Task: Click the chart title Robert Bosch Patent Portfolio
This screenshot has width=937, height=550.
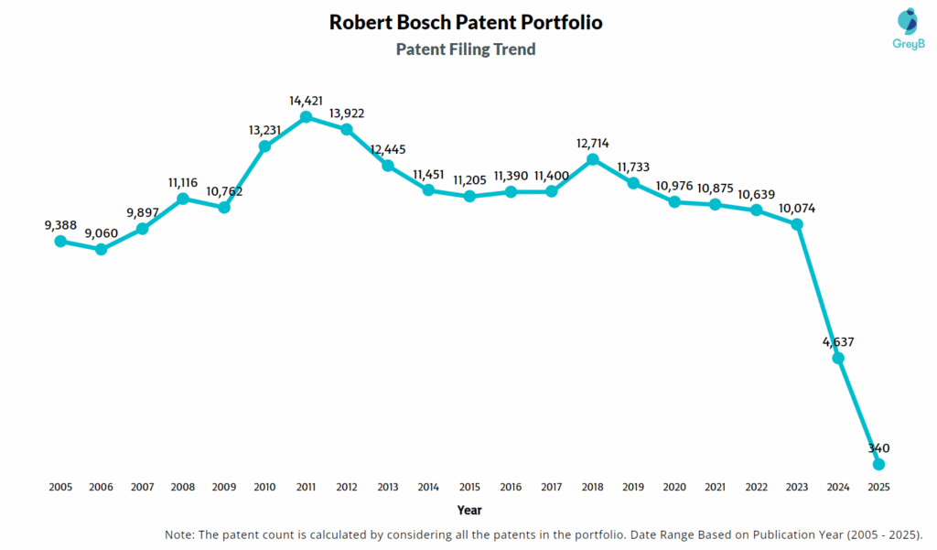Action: click(466, 22)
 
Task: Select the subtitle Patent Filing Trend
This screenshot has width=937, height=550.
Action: click(466, 49)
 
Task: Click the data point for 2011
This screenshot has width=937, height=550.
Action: click(306, 117)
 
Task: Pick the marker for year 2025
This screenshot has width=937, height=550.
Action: click(879, 465)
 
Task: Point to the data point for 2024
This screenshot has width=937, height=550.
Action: click(838, 358)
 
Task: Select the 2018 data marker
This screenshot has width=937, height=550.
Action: click(592, 159)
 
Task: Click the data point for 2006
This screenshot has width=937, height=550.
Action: click(101, 249)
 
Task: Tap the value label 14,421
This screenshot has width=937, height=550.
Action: click(306, 100)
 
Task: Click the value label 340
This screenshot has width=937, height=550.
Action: click(879, 448)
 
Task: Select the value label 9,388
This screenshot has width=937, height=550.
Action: click(60, 224)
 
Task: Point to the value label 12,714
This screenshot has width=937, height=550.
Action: click(592, 143)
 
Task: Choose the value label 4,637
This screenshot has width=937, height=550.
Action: click(838, 341)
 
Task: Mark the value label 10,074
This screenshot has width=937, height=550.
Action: click(797, 207)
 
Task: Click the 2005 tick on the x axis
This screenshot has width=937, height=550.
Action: click(60, 488)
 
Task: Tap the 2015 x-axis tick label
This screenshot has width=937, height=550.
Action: click(469, 488)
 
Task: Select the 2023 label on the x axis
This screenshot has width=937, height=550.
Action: click(797, 488)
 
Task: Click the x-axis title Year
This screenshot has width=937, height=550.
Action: click(469, 510)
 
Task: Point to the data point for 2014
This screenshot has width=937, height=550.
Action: click(428, 189)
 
